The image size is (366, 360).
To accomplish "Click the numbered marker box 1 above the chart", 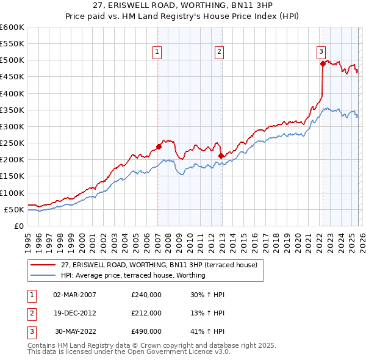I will click(157, 52).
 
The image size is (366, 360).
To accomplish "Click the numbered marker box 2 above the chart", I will click(218, 52).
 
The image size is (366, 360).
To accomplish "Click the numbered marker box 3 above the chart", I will click(321, 52).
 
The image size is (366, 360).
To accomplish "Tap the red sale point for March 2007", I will click(159, 146).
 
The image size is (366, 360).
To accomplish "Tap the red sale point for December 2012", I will click(221, 156).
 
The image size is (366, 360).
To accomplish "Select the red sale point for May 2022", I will click(323, 63).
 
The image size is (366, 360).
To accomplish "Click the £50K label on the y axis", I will click(15, 209).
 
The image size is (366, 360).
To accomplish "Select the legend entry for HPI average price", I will click(133, 275).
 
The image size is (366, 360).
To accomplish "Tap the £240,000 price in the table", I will click(146, 295).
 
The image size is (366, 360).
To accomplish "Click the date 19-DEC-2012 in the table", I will click(74, 313).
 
